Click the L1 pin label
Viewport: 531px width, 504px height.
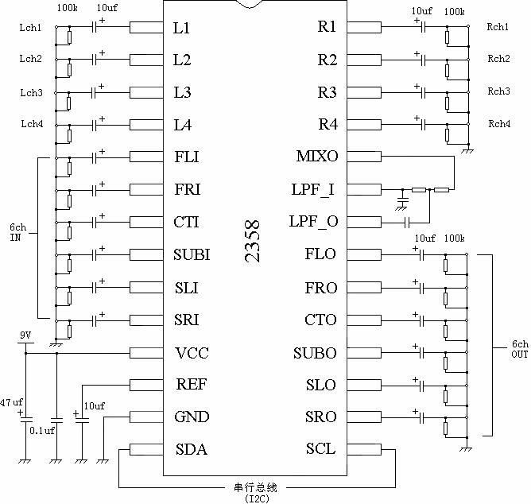point(182,27)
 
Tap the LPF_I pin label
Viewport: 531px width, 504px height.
point(315,190)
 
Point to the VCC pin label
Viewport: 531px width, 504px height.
point(192,352)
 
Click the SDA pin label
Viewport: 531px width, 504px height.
point(191,449)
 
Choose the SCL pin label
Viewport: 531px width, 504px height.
point(320,449)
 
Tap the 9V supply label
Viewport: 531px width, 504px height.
point(25,337)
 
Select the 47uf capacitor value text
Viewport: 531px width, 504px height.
point(12,403)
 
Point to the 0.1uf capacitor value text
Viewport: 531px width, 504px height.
point(41,430)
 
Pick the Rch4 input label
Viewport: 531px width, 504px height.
point(498,124)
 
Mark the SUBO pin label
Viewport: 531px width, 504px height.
point(315,352)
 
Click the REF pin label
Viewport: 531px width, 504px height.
point(192,385)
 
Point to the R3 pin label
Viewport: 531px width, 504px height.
point(327,92)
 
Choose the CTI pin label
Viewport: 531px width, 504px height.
point(186,222)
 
